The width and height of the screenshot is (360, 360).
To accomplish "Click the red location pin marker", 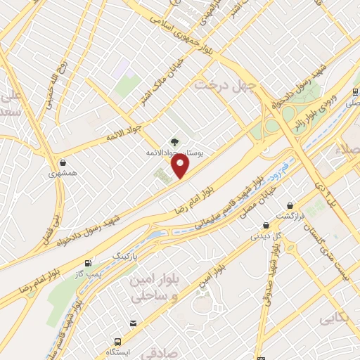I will tap(181, 166).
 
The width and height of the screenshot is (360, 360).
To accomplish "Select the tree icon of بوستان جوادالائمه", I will tap(174, 141).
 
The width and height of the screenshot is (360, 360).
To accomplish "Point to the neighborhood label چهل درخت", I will tap(214, 86).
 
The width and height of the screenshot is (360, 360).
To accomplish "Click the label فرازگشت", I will tap(290, 215).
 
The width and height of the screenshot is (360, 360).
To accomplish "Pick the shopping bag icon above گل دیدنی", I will tap(266, 225).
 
